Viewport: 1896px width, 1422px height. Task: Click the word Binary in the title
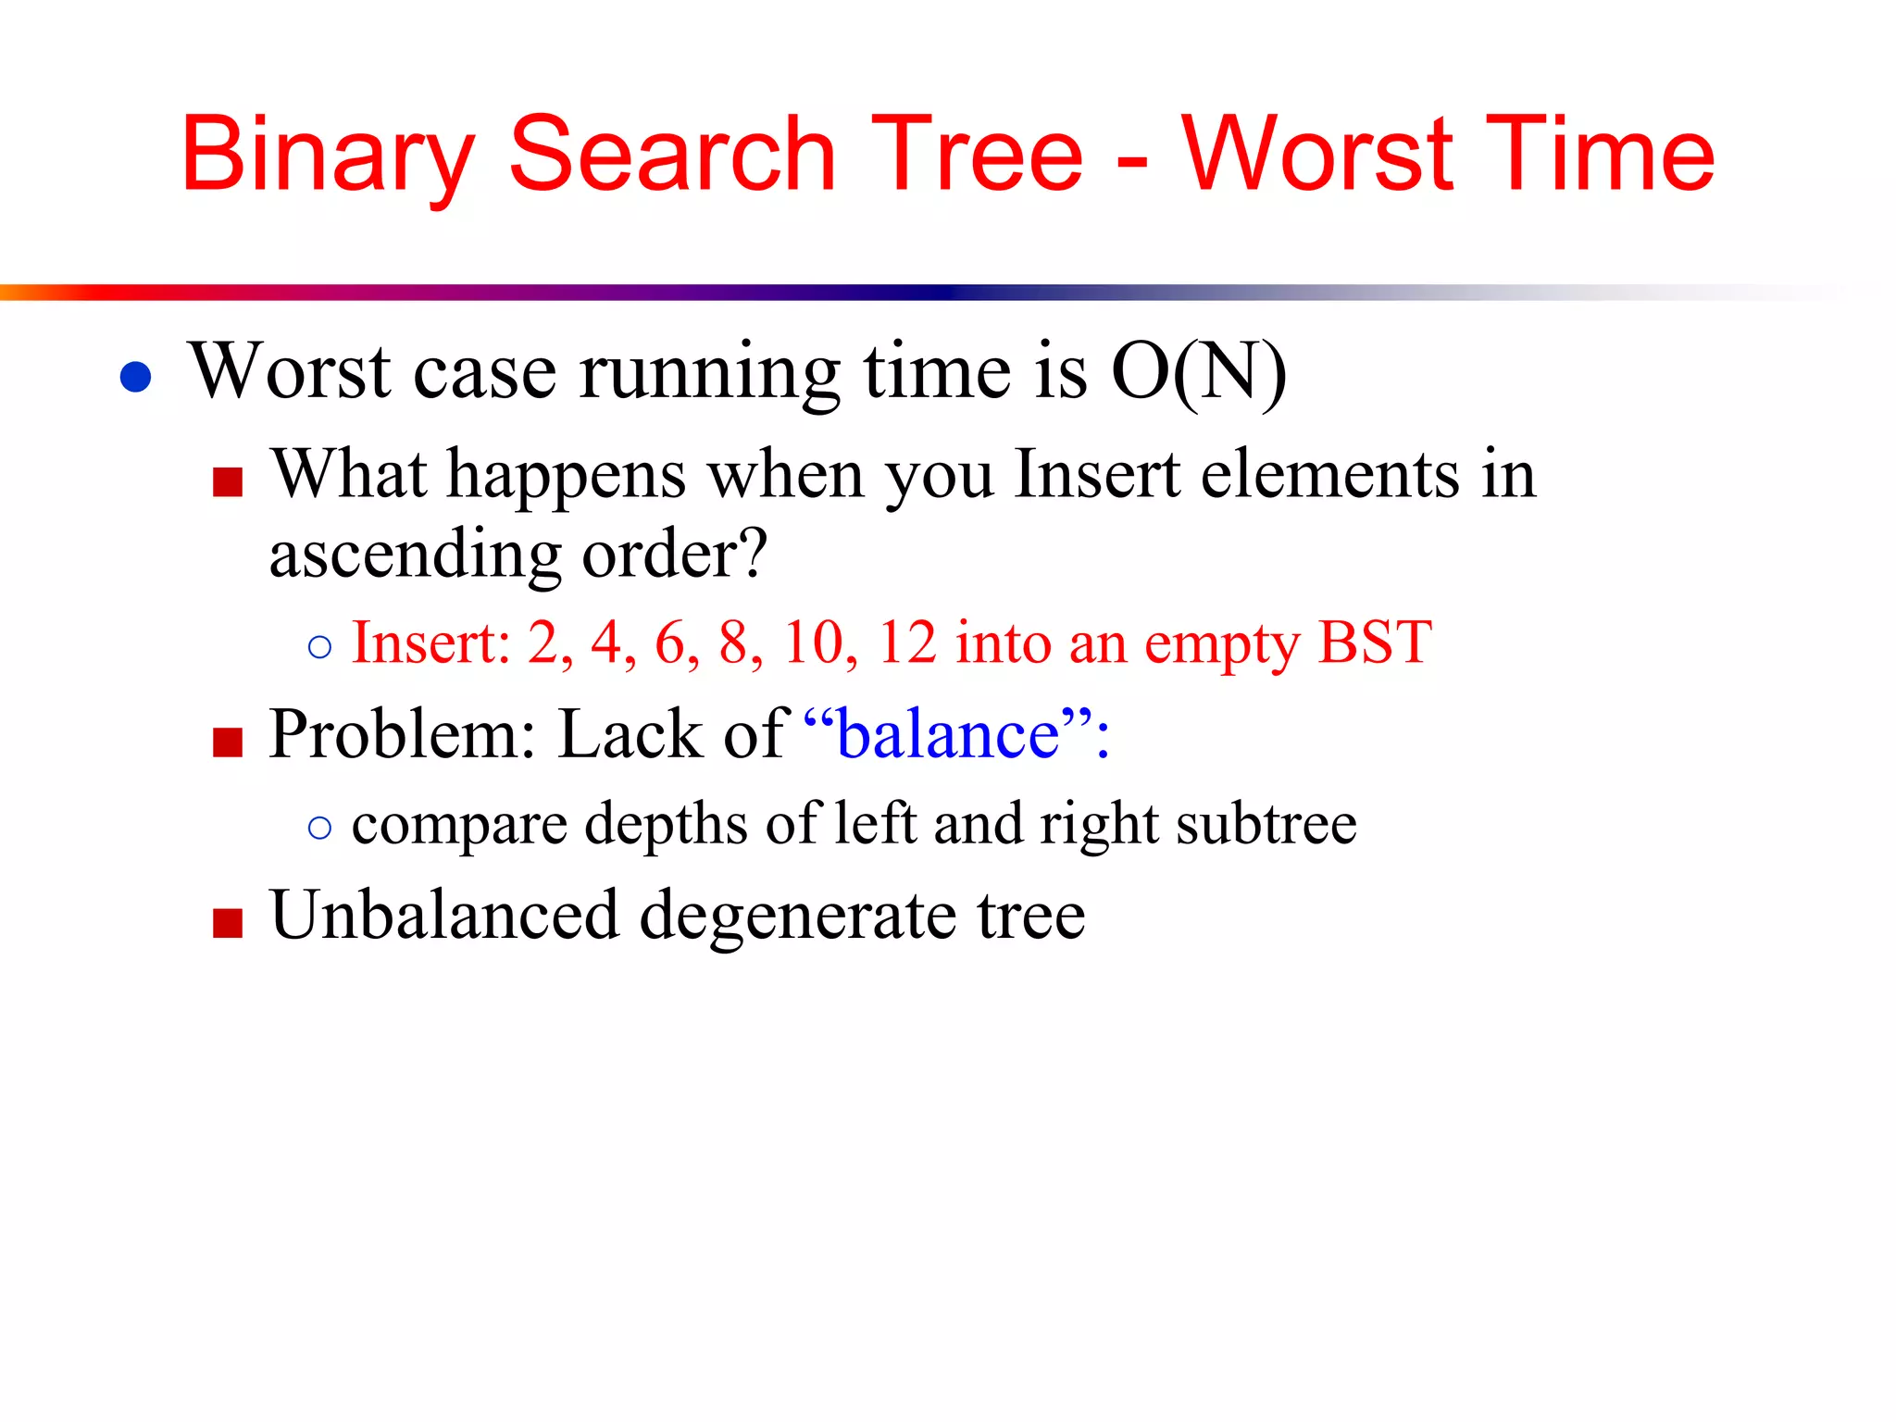pos(326,156)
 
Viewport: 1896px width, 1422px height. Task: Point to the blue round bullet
pos(136,377)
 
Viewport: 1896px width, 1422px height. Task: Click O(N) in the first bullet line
pos(1198,372)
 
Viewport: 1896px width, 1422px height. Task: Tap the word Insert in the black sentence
pos(1096,474)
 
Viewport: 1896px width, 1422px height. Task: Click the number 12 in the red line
pos(907,642)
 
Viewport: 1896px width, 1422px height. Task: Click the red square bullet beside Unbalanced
pos(227,923)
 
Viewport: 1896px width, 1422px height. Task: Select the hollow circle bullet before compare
pos(319,828)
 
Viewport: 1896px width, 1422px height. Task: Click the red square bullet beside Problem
pos(227,742)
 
